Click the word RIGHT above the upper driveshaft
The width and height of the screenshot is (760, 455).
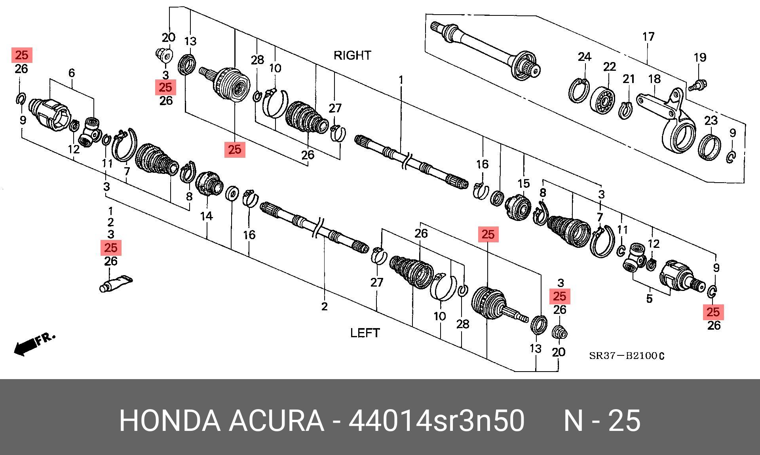coord(352,55)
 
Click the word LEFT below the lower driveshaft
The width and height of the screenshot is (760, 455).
coord(365,333)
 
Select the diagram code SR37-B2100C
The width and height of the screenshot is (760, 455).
coord(627,356)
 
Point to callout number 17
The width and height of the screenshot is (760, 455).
coord(648,37)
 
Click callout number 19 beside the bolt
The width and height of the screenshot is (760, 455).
coord(700,57)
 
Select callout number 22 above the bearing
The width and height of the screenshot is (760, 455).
coord(610,66)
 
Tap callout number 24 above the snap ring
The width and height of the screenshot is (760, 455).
coord(584,57)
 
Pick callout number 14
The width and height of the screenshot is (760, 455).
coord(206,216)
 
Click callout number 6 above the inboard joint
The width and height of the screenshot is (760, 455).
coord(72,73)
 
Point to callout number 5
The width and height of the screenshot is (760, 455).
coord(649,298)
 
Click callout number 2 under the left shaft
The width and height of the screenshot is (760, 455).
coord(325,306)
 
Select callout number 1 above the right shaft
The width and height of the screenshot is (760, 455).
coord(401,80)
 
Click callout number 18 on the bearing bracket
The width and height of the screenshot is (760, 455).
coord(654,79)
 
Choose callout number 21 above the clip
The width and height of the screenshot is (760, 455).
coord(629,79)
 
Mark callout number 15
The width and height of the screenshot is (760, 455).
coord(523,183)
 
